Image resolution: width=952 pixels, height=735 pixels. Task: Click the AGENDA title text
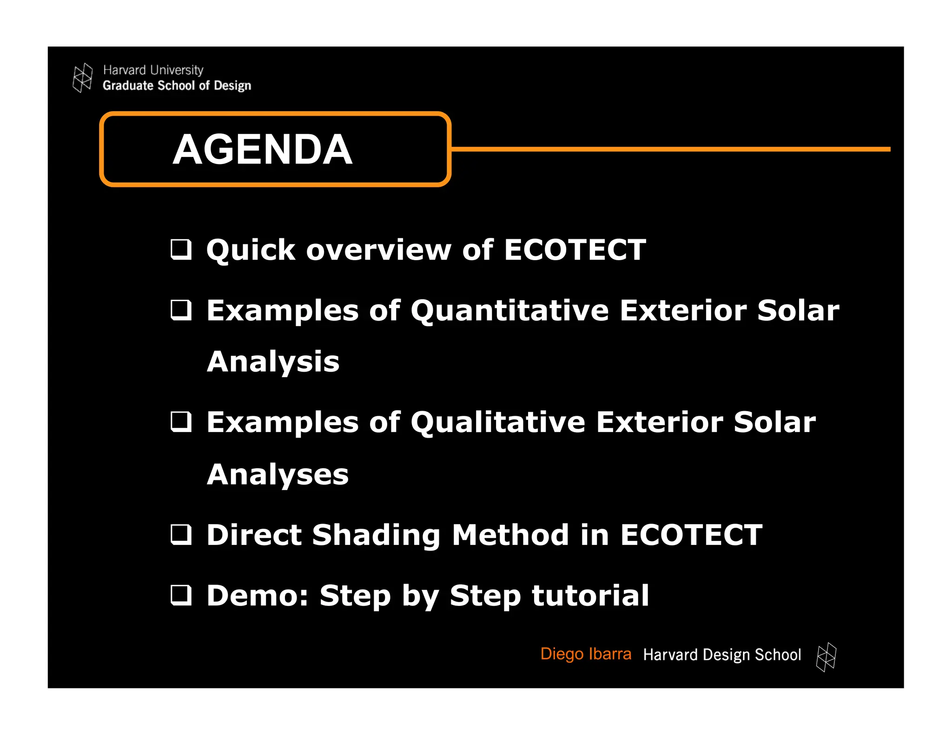click(263, 150)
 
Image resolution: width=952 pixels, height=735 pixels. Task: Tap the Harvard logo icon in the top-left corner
click(83, 78)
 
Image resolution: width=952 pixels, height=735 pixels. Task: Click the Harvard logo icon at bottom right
click(826, 657)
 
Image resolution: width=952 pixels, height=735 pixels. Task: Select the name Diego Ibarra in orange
click(586, 654)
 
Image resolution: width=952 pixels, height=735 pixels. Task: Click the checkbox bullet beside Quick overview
click(181, 249)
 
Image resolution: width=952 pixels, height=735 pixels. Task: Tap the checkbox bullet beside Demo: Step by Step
click(181, 595)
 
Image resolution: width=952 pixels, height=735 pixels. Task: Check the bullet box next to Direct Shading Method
click(181, 534)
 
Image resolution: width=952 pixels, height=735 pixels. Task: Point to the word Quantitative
click(509, 310)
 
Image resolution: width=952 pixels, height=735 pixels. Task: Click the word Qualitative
click(497, 422)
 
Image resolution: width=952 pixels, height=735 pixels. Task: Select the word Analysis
click(273, 361)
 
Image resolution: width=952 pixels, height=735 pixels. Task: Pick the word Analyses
click(278, 474)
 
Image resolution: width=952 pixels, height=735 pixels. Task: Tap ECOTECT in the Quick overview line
click(575, 249)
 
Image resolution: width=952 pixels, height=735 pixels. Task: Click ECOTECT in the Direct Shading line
click(691, 534)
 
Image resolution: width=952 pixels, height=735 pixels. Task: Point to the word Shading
click(376, 535)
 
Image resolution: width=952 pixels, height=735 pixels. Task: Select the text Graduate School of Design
click(177, 85)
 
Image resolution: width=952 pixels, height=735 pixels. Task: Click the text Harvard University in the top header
click(153, 70)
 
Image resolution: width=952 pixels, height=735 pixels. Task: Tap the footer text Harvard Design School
click(722, 655)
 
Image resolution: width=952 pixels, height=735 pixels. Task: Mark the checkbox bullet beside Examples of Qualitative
click(181, 422)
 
